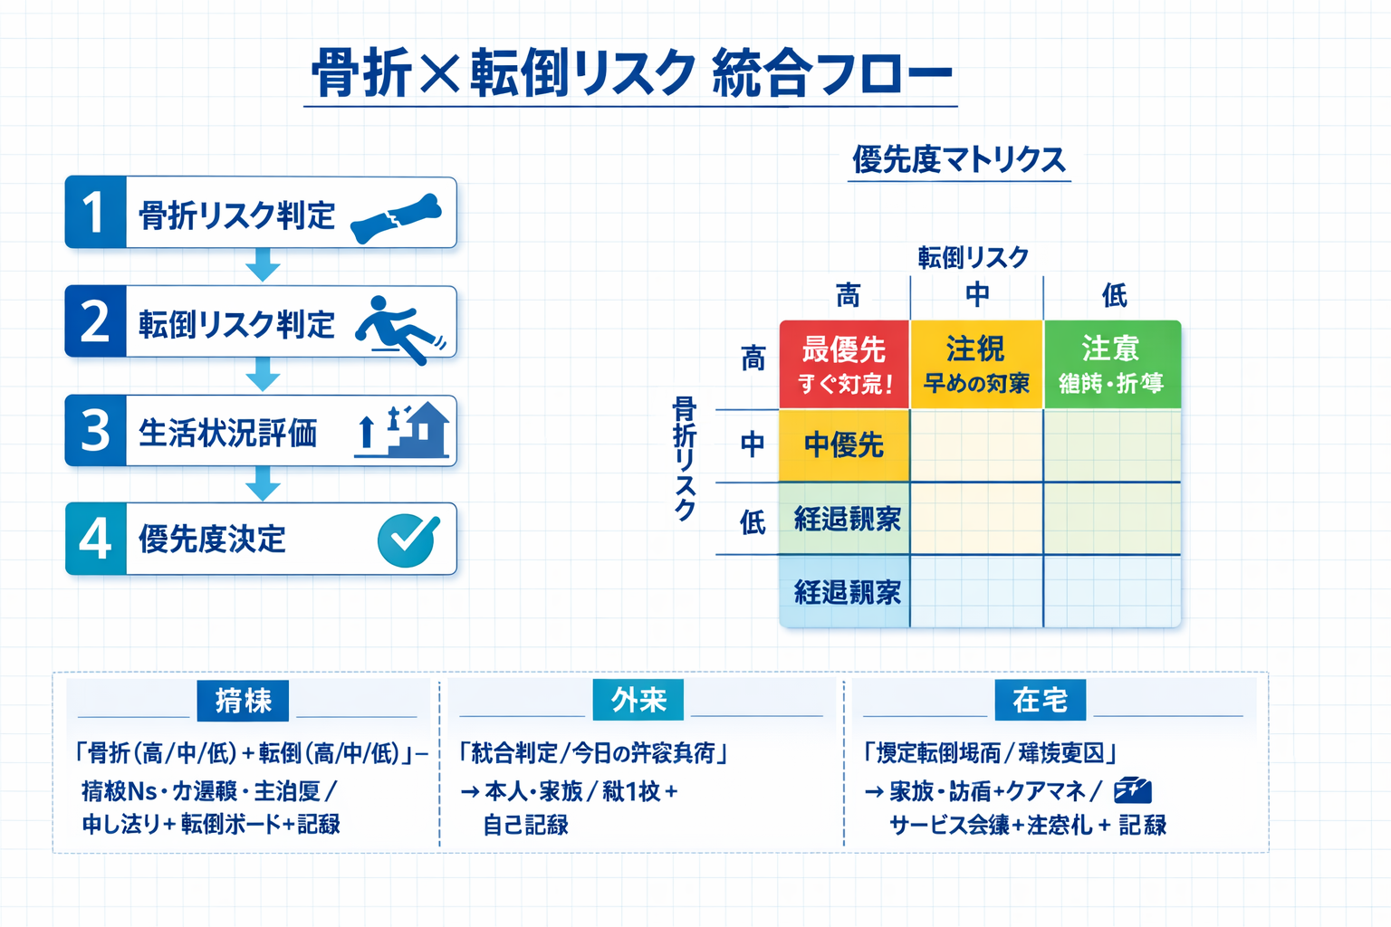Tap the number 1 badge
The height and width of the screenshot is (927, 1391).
[x=95, y=213]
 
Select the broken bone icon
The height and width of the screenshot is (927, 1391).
[x=396, y=218]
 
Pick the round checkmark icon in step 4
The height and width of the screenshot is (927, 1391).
[x=408, y=540]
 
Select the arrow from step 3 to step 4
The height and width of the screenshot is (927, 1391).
[x=263, y=483]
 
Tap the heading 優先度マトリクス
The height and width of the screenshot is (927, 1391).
[x=958, y=160]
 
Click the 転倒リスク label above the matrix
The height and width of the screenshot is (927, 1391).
[x=973, y=258]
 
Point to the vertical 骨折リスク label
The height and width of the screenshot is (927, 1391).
[x=685, y=458]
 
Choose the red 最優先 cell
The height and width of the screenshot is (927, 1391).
[x=844, y=364]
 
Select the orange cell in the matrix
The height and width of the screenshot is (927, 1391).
[x=976, y=364]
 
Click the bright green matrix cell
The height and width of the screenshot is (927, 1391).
[x=1112, y=364]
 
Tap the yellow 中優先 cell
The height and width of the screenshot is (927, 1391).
[x=844, y=445]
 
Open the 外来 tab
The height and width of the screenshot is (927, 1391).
[x=638, y=700]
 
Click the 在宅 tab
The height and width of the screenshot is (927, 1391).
[x=1040, y=700]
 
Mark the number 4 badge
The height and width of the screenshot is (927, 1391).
[x=95, y=539]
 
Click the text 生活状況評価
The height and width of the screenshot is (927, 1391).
[x=227, y=433]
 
